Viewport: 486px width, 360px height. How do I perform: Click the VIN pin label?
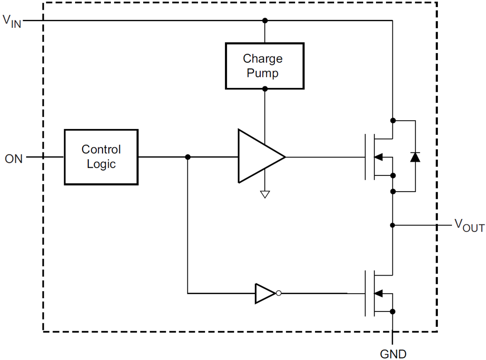(x=12, y=20)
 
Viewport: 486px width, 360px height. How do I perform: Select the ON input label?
(x=14, y=159)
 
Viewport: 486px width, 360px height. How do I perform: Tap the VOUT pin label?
(x=469, y=226)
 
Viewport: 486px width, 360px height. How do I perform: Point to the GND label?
(x=393, y=354)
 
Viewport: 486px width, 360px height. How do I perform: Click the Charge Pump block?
(x=264, y=66)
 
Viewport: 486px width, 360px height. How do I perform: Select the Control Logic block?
(x=101, y=157)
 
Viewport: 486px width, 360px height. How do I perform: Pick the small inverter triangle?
(x=264, y=293)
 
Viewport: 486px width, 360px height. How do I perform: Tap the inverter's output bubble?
(x=278, y=293)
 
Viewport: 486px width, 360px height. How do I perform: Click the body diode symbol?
(x=415, y=157)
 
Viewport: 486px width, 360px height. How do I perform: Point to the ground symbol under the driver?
(x=265, y=193)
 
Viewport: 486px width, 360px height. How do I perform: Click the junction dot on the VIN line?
(x=265, y=20)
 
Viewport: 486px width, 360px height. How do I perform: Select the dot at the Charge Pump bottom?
(x=265, y=89)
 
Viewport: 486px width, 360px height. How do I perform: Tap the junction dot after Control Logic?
(x=188, y=157)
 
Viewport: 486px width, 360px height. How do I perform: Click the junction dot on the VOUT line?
(x=392, y=225)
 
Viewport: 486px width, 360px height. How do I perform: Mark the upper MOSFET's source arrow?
(x=379, y=157)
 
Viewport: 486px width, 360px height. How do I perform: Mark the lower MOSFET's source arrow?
(x=379, y=293)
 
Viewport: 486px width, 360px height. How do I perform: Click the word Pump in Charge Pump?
(x=262, y=73)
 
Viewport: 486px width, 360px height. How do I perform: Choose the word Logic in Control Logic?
(x=101, y=164)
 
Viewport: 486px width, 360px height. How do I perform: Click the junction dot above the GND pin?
(x=392, y=311)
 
